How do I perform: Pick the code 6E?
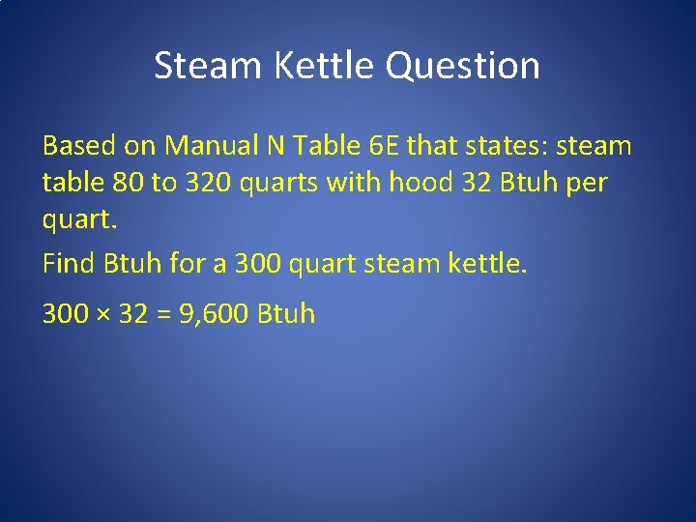click(x=382, y=146)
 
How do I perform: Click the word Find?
click(x=67, y=262)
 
